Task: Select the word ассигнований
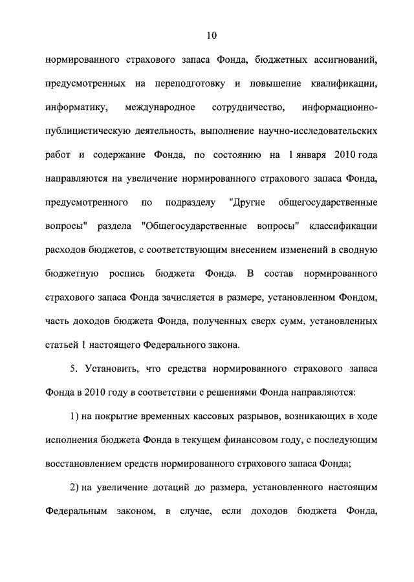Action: tap(343, 61)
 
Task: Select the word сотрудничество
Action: tap(248, 107)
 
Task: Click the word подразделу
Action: tap(190, 199)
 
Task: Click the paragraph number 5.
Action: tap(74, 368)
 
